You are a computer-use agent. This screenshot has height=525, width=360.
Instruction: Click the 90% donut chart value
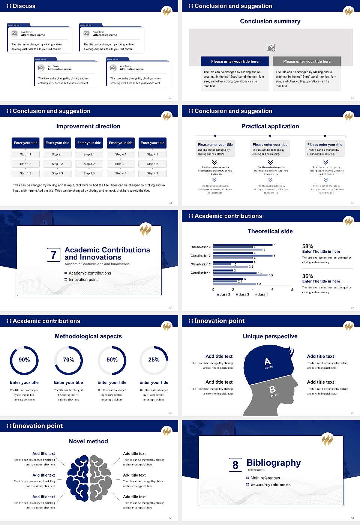tap(24, 360)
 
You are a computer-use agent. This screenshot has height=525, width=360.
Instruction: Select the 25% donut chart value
tap(154, 360)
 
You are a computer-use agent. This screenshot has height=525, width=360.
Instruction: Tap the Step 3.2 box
tap(89, 164)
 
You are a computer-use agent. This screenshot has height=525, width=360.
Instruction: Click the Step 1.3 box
tap(25, 173)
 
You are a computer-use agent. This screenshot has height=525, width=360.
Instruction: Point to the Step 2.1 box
tap(57, 154)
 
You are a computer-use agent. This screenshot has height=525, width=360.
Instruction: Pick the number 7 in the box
tap(53, 255)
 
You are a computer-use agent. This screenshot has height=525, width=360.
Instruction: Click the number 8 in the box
tap(235, 465)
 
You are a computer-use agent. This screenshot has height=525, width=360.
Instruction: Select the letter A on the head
tap(267, 361)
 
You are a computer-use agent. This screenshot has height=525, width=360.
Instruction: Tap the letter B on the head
tap(273, 390)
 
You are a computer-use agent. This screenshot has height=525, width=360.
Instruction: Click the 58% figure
tap(307, 246)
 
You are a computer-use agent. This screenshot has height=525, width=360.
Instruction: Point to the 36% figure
tap(307, 276)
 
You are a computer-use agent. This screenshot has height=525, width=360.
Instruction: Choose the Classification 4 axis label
tap(201, 247)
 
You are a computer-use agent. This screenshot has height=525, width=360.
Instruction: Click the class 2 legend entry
tap(243, 294)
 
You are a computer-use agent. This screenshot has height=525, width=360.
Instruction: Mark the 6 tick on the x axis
tap(272, 289)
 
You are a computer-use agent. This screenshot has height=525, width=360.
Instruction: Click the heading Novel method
tap(88, 441)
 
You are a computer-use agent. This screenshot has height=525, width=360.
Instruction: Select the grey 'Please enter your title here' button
tap(307, 61)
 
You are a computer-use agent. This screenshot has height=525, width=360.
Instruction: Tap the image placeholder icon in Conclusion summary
tap(271, 48)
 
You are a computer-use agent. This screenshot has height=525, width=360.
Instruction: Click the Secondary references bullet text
tap(270, 484)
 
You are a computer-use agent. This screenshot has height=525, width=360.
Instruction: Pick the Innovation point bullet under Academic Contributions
tap(83, 279)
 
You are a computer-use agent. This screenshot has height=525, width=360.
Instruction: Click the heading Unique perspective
tap(270, 336)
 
